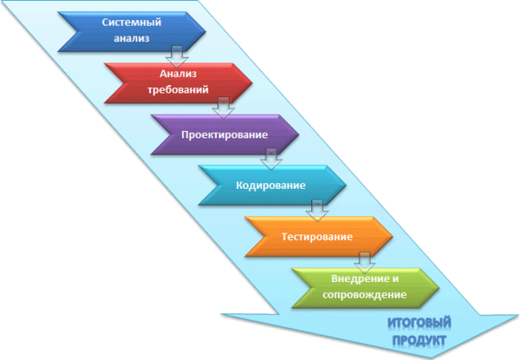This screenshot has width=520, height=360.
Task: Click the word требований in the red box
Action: click(179, 89)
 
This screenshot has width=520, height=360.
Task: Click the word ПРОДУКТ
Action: click(417, 340)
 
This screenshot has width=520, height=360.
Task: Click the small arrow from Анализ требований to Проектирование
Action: click(224, 108)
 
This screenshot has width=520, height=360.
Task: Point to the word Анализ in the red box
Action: click(179, 74)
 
